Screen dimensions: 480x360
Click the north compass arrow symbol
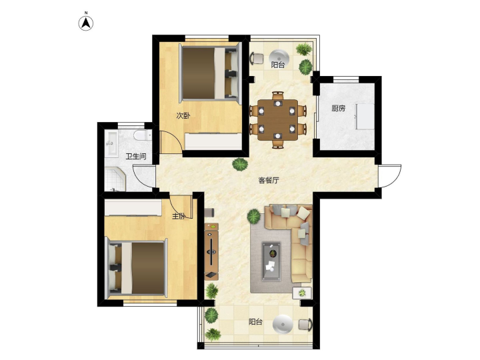click(x=86, y=23)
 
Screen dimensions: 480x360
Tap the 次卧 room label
click(x=183, y=116)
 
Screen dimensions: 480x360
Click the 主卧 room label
click(x=179, y=216)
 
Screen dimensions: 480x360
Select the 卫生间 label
click(x=135, y=157)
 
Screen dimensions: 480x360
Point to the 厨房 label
click(x=338, y=108)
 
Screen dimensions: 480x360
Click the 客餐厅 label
click(x=269, y=180)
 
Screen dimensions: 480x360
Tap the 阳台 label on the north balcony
click(x=277, y=65)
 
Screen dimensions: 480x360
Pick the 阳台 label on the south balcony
click(x=255, y=322)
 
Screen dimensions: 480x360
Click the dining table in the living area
click(x=277, y=120)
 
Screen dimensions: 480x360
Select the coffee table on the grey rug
click(x=271, y=261)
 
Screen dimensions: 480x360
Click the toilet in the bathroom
click(x=143, y=135)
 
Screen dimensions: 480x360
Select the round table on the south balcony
click(x=283, y=324)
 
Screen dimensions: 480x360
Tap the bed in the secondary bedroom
click(x=210, y=73)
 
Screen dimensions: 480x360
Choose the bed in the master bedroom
click(x=137, y=269)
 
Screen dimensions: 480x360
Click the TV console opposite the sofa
click(x=211, y=251)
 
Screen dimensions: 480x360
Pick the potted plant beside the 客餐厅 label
click(x=240, y=165)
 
